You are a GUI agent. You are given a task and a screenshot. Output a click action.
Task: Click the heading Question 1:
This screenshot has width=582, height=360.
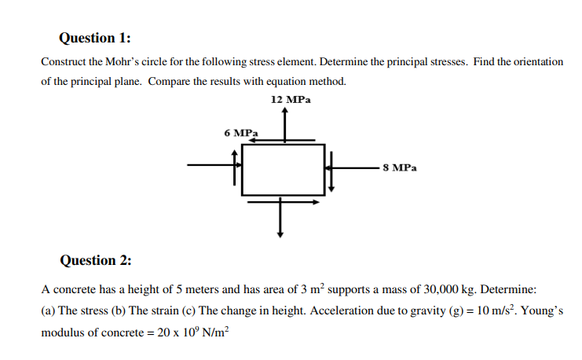[x=95, y=38]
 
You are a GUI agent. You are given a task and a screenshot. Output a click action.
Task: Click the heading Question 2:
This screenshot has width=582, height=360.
[x=95, y=260]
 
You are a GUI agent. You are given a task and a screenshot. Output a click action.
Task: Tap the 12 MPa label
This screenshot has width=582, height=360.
[x=290, y=100]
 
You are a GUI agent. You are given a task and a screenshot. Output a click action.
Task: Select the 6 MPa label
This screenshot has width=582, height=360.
[x=241, y=133]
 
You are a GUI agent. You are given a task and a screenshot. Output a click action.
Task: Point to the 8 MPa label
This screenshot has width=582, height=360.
[x=401, y=167]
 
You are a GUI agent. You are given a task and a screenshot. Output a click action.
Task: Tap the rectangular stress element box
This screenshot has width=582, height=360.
[x=283, y=169]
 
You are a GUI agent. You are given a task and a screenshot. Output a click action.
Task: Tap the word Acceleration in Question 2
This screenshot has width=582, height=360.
[x=338, y=310]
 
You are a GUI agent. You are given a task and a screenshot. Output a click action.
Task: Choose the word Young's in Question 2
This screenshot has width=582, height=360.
[x=543, y=310]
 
